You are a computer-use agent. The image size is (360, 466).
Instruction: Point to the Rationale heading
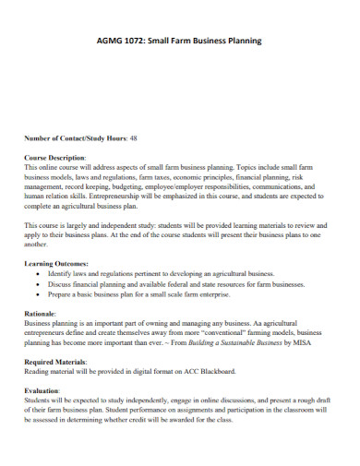point(42,314)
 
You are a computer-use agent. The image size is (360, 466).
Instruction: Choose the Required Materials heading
point(61,361)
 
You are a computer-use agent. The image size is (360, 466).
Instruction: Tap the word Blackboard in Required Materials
point(216,372)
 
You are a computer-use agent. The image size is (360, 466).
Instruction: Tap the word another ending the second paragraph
point(37,245)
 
